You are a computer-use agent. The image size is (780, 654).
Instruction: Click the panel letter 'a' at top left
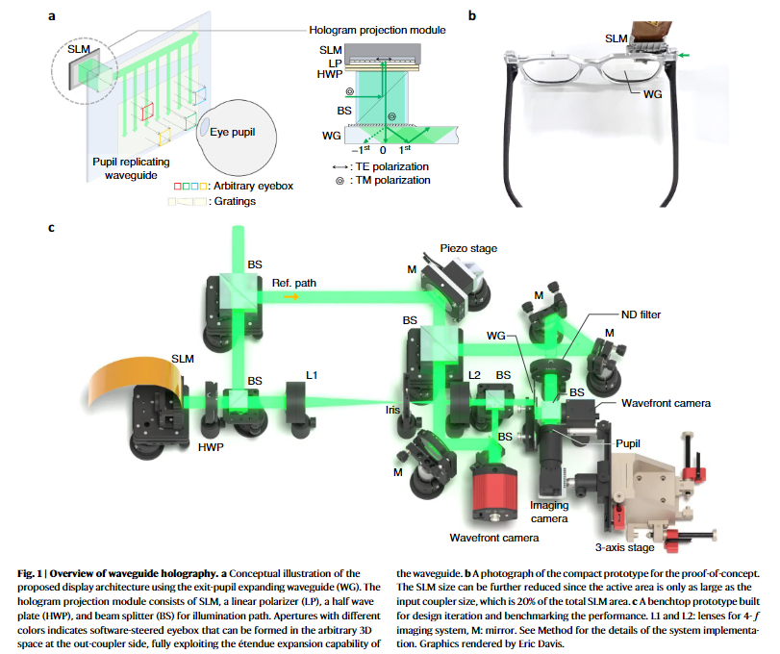[x=51, y=16]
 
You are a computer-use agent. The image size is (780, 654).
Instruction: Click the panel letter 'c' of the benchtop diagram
[x=51, y=229]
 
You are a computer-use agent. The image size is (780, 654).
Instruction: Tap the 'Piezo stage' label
[x=469, y=248]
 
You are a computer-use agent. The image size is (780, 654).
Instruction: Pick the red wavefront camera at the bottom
[x=496, y=485]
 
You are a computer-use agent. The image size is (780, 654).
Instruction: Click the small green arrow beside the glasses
[x=684, y=57]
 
